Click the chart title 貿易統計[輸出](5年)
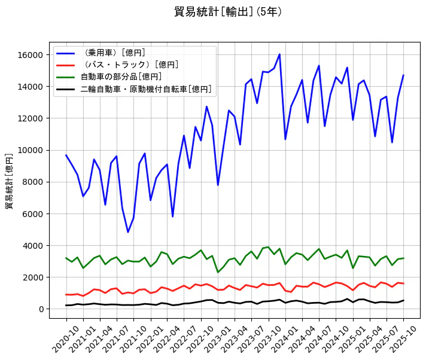(227, 12)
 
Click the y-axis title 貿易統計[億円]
(9, 181)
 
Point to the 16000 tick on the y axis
(31, 55)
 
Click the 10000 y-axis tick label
(31, 150)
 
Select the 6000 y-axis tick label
(33, 213)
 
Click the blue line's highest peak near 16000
(279, 54)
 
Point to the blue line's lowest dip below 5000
(128, 232)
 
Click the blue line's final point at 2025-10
(403, 75)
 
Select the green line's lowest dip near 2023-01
(218, 272)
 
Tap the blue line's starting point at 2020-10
(66, 155)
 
